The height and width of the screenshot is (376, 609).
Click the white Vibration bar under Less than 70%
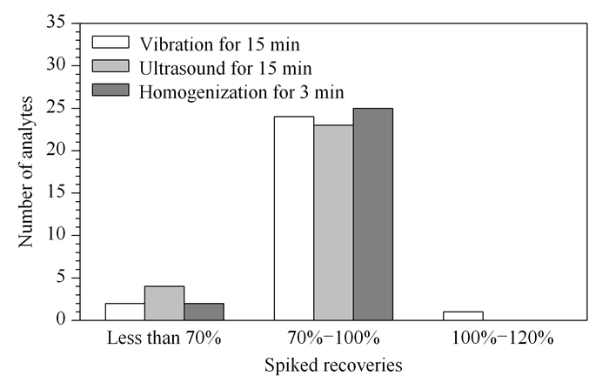[x=125, y=312]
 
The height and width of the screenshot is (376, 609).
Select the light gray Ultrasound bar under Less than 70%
[x=164, y=303]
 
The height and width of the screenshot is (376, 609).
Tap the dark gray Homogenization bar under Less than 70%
[x=204, y=312]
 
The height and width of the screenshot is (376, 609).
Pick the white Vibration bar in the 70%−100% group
[x=294, y=218]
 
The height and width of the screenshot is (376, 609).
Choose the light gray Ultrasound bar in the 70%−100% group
[x=333, y=223]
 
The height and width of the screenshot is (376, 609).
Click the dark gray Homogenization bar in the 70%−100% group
[x=373, y=214]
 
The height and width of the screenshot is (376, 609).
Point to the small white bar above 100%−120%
[x=463, y=316]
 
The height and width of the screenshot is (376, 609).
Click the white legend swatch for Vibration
[x=110, y=43]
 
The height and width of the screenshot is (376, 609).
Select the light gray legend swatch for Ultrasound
[x=110, y=65]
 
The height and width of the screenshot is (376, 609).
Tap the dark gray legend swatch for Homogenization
[x=110, y=90]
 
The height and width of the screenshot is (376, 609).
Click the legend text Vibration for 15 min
[x=220, y=44]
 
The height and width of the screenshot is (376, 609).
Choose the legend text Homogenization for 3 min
[x=242, y=92]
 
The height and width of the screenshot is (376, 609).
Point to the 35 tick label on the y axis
[x=56, y=22]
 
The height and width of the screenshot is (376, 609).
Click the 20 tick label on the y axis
[x=56, y=150]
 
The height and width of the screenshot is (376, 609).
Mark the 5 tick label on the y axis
[x=61, y=277]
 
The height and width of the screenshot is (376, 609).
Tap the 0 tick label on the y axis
[x=61, y=319]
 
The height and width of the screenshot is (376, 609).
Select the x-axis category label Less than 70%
[x=164, y=338]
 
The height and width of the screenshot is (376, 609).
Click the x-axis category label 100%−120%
[x=503, y=338]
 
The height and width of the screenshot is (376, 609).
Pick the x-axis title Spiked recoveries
[x=333, y=366]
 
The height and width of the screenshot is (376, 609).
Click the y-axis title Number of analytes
[x=26, y=171]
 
